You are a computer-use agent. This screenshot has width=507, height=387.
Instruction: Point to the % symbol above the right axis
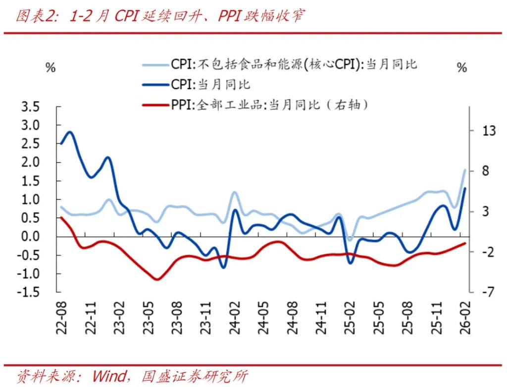pyautogui.click(x=462, y=68)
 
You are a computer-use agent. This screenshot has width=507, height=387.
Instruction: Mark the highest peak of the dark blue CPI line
pyautogui.click(x=69, y=132)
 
